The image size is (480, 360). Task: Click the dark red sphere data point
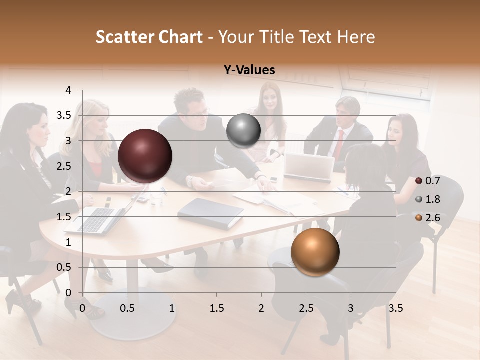[x=145, y=156]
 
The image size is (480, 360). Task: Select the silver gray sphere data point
[x=243, y=131]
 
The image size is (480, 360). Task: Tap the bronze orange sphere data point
[x=315, y=252]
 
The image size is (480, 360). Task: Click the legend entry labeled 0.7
[x=428, y=180]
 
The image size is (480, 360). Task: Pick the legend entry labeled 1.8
[x=428, y=199]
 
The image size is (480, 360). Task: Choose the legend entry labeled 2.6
[x=428, y=218]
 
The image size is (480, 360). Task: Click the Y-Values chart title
[x=249, y=70]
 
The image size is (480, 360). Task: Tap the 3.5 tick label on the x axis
[x=396, y=308]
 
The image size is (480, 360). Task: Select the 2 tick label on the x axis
[x=261, y=308]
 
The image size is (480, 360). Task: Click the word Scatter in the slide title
[x=125, y=37]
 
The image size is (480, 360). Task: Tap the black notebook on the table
[x=210, y=212]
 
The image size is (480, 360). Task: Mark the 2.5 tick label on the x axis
[x=306, y=308]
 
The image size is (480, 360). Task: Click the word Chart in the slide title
[x=180, y=37]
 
